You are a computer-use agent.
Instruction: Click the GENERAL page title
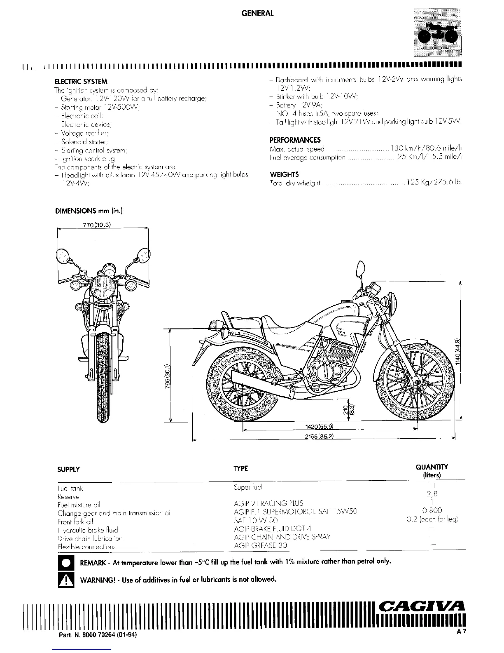pyautogui.click(x=257, y=13)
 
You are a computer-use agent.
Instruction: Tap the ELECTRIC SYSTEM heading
pyautogui.click(x=81, y=82)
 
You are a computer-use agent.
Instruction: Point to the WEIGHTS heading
pyautogui.click(x=284, y=174)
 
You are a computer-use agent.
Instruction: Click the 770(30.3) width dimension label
pyautogui.click(x=95, y=225)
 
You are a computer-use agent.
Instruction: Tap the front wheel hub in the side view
pyautogui.click(x=418, y=383)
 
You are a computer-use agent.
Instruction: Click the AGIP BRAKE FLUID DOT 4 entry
pyautogui.click(x=272, y=529)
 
